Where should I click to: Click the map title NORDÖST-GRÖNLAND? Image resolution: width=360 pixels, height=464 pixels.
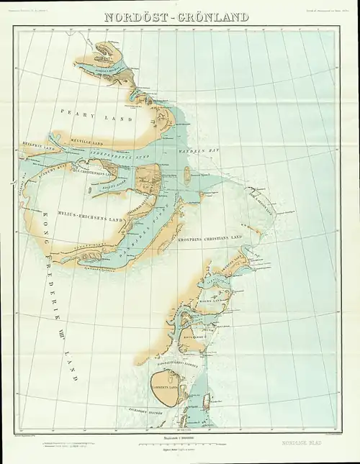tap(177, 17)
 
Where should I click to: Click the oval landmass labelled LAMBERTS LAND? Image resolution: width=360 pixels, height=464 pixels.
tap(169, 388)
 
